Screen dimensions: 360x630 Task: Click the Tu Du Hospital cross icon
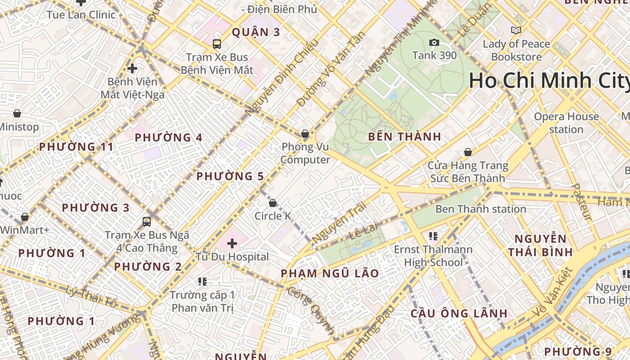pyautogui.click(x=232, y=244)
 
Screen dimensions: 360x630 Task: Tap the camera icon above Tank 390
pyautogui.click(x=434, y=43)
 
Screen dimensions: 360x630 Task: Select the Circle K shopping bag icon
pyautogui.click(x=272, y=203)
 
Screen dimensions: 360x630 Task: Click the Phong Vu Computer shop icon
pyautogui.click(x=305, y=134)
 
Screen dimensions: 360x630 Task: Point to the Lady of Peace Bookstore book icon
pyautogui.click(x=516, y=31)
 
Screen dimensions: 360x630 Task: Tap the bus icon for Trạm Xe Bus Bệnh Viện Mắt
pyautogui.click(x=217, y=44)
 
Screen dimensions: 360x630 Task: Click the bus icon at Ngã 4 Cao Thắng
pyautogui.click(x=147, y=222)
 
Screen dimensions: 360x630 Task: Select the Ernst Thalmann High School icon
pyautogui.click(x=433, y=236)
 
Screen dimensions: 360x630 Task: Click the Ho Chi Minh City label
pyautogui.click(x=549, y=81)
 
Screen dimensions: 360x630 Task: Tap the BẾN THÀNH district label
pyautogui.click(x=405, y=137)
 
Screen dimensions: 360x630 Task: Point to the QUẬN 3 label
pyautogui.click(x=256, y=32)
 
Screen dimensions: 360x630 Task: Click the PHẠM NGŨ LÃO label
pyautogui.click(x=330, y=274)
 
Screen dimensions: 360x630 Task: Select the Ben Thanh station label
pyautogui.click(x=481, y=209)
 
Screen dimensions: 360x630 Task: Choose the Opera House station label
pyautogui.click(x=566, y=123)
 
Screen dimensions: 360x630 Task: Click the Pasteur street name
pyautogui.click(x=581, y=202)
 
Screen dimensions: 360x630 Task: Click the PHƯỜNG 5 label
pyautogui.click(x=230, y=176)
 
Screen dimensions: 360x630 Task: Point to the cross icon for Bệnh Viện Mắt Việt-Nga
pyautogui.click(x=132, y=69)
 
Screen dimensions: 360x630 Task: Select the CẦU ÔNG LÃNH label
pyautogui.click(x=459, y=314)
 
